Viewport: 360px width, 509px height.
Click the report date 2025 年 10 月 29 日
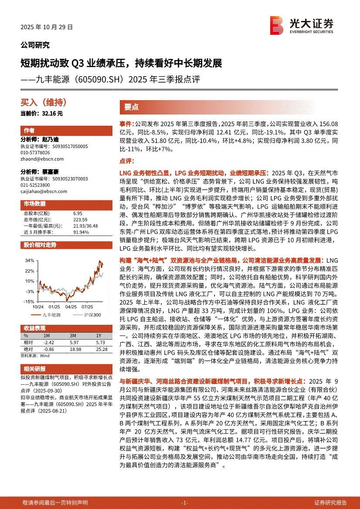pyautogui.click(x=47, y=27)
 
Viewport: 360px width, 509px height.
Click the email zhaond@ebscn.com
pyautogui.click(x=39, y=159)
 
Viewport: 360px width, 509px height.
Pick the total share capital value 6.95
pyautogui.click(x=78, y=213)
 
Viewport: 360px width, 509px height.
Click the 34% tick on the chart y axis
pyautogui.click(x=30, y=260)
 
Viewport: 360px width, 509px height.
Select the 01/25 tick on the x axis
pyautogui.click(x=54, y=307)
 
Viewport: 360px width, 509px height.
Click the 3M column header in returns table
pyautogui.click(x=73, y=336)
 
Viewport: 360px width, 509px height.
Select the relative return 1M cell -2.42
pyautogui.click(x=49, y=343)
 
